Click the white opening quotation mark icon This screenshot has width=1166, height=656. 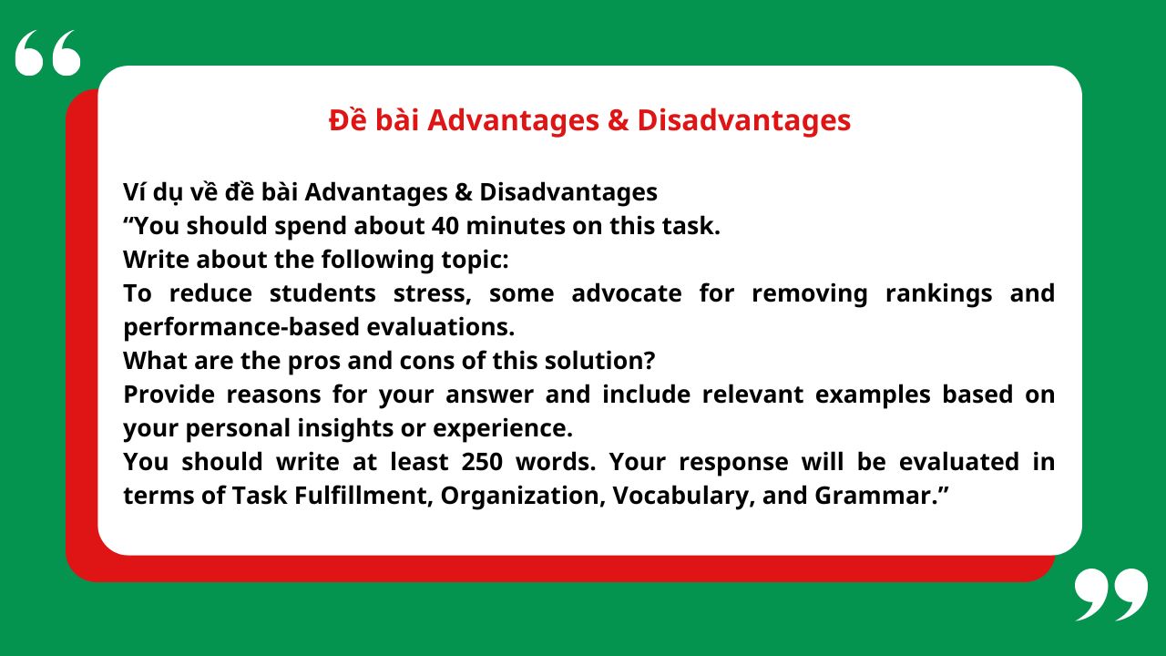click(x=47, y=53)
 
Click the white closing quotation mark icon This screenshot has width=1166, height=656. click(x=1110, y=594)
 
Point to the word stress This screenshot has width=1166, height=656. click(x=432, y=293)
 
